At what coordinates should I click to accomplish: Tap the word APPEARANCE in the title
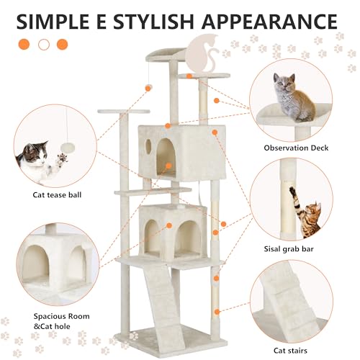coord(269,22)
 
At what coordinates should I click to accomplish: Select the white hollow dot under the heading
coord(44,45)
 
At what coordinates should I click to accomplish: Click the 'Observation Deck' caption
coord(296,148)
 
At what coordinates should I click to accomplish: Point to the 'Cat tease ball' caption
coord(57,194)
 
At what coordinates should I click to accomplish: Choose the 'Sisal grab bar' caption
coord(289,249)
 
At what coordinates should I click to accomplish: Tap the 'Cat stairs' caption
coord(290,351)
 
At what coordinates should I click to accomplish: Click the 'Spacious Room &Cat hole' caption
coord(62,321)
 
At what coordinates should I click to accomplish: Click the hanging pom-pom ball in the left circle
coord(68,147)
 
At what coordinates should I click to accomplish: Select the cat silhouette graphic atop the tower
coord(203,53)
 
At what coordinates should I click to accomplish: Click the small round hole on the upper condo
coord(148,145)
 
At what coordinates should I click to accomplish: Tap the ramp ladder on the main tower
coord(161,301)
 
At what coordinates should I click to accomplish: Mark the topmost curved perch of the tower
coord(166,55)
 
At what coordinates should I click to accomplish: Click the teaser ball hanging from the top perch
coord(149,86)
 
